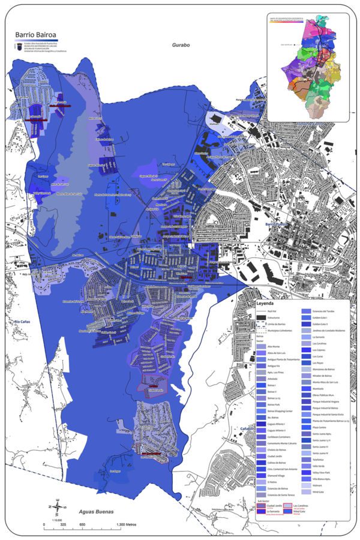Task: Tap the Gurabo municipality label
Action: coord(180,45)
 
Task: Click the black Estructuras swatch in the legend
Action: coord(261,319)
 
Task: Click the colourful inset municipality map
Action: coord(308,69)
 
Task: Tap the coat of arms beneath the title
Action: coord(19,46)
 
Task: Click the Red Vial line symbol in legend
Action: coord(261,312)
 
